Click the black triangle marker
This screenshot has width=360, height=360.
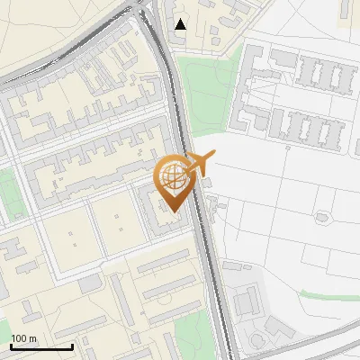tap(181, 24)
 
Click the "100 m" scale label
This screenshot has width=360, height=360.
tap(24, 337)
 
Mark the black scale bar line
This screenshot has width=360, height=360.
tap(41, 346)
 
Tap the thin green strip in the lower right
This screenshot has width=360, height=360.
tap(328, 296)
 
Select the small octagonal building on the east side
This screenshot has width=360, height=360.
tap(321, 216)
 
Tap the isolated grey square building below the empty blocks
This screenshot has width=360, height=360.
tap(89, 283)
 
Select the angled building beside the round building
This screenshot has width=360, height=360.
tap(274, 326)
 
